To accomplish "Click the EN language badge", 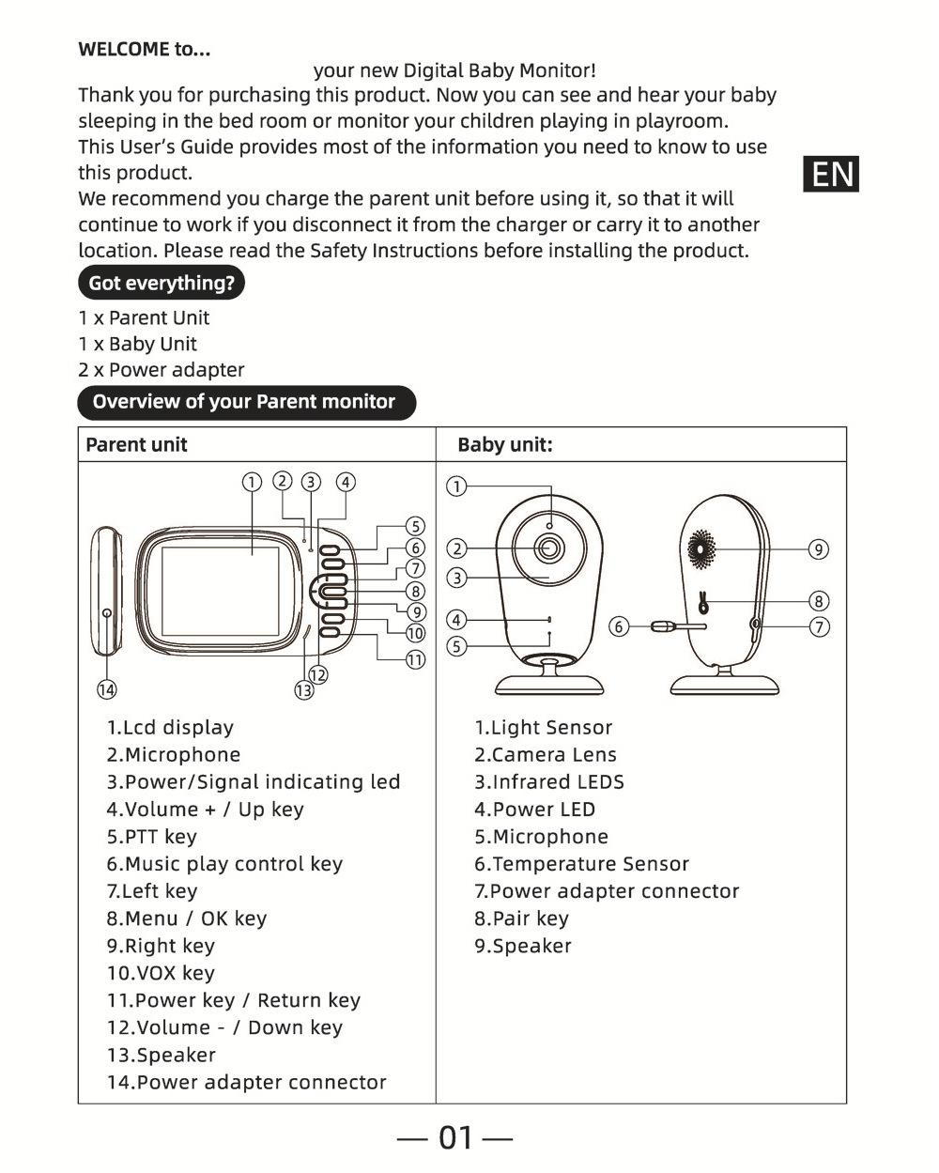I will tap(831, 175).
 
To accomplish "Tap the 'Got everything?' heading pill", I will tap(161, 283).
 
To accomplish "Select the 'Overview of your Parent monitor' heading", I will tap(245, 402).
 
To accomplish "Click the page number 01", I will tap(455, 1137).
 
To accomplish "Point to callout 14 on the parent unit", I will tap(107, 690).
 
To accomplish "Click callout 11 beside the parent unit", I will tap(415, 659).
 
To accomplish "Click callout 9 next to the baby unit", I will tap(819, 549).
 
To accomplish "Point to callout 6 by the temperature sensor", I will tap(618, 626).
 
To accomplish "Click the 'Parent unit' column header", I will tap(136, 445).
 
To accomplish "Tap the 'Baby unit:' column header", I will tap(505, 445).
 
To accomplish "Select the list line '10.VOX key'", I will tap(161, 973).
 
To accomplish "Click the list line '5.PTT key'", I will tap(152, 837).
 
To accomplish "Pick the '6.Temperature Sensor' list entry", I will tap(581, 864).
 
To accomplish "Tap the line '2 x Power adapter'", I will tap(162, 370).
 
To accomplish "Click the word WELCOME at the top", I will tap(123, 50).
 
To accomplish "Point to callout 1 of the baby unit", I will tap(456, 486).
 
